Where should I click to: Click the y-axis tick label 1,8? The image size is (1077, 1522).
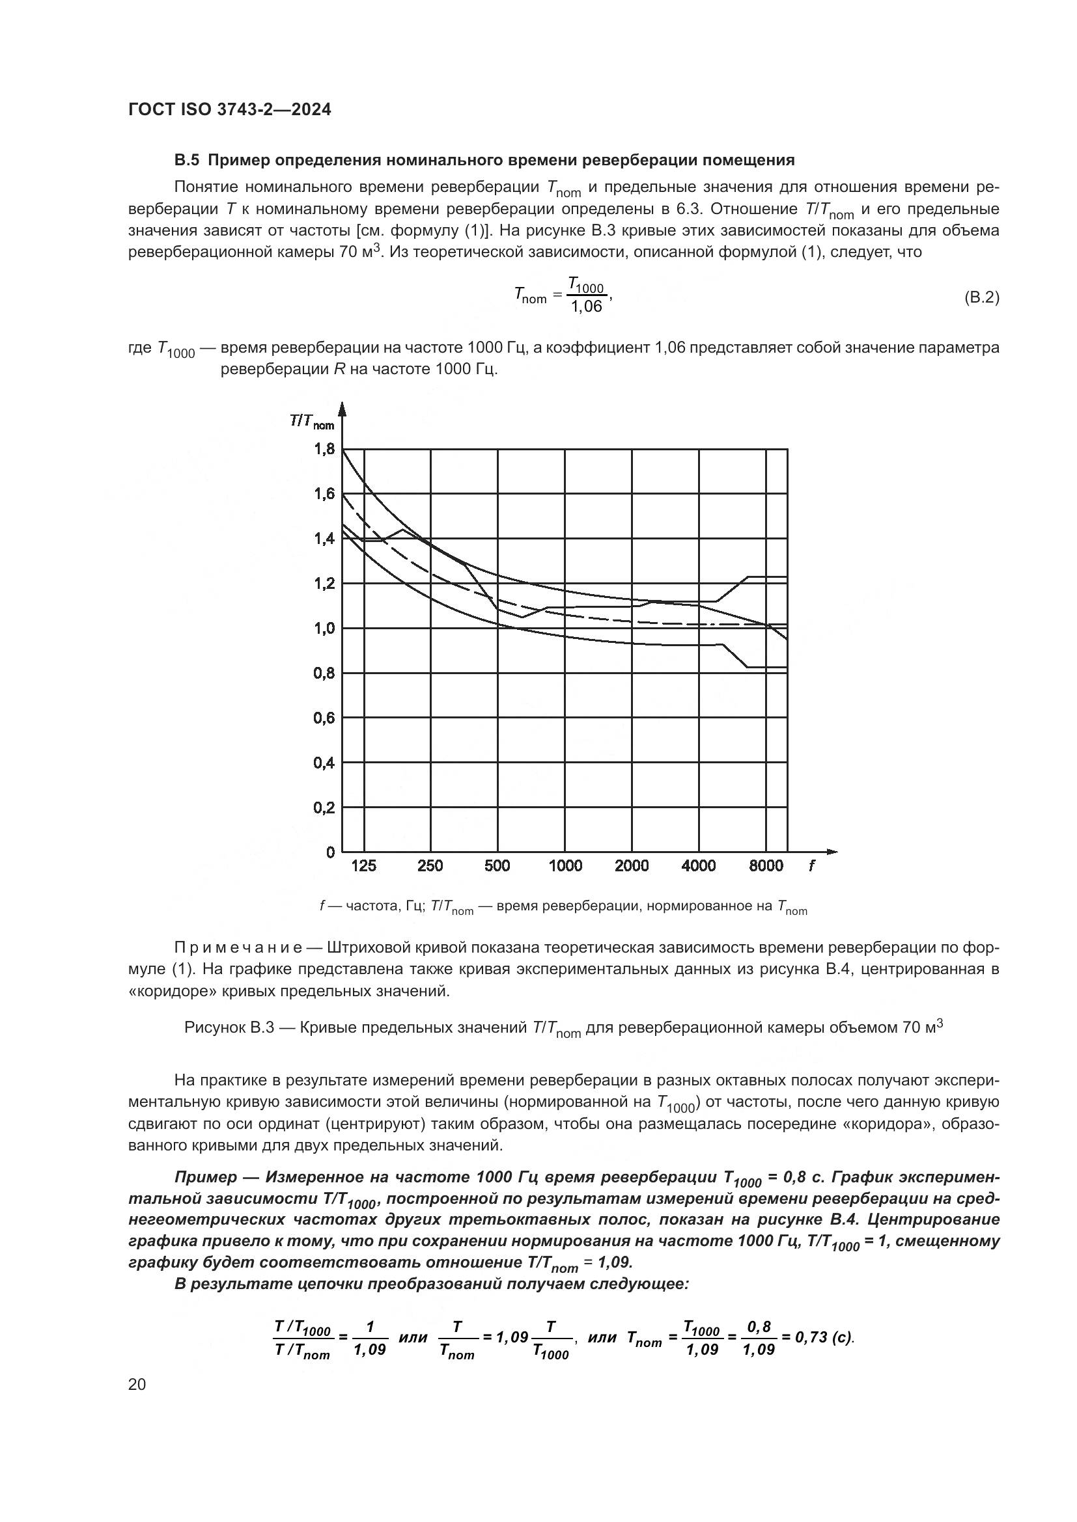tap(324, 450)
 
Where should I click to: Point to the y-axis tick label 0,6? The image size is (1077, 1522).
tap(324, 718)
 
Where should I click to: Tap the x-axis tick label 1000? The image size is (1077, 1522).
tap(565, 865)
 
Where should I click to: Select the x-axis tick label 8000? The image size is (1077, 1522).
tap(765, 865)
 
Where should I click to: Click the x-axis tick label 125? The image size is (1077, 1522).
tap(363, 865)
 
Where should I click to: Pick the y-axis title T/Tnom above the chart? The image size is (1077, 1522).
tap(312, 422)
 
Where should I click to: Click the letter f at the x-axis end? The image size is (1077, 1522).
tap(811, 865)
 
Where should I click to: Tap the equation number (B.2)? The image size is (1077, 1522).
tap(981, 297)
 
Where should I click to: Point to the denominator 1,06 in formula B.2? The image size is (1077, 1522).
tap(586, 307)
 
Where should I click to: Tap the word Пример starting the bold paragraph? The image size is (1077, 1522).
tap(205, 1177)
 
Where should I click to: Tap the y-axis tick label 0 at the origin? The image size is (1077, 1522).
tap(330, 852)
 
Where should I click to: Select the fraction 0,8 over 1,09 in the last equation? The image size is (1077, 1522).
tap(759, 1338)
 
